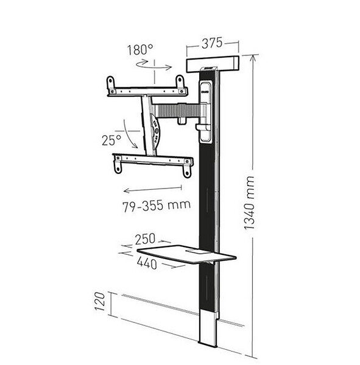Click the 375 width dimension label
point(212,43)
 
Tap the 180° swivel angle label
point(140,50)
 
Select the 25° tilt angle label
point(111,140)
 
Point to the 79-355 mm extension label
point(157,206)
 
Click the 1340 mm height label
point(249,203)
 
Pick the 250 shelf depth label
point(145,239)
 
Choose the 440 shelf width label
point(147,263)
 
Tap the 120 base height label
point(100,302)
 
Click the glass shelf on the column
point(186,254)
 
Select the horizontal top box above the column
point(213,64)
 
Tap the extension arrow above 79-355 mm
point(152,189)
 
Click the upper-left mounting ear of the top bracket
point(110,82)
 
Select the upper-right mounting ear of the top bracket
point(180,82)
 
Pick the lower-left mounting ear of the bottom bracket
point(118,167)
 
